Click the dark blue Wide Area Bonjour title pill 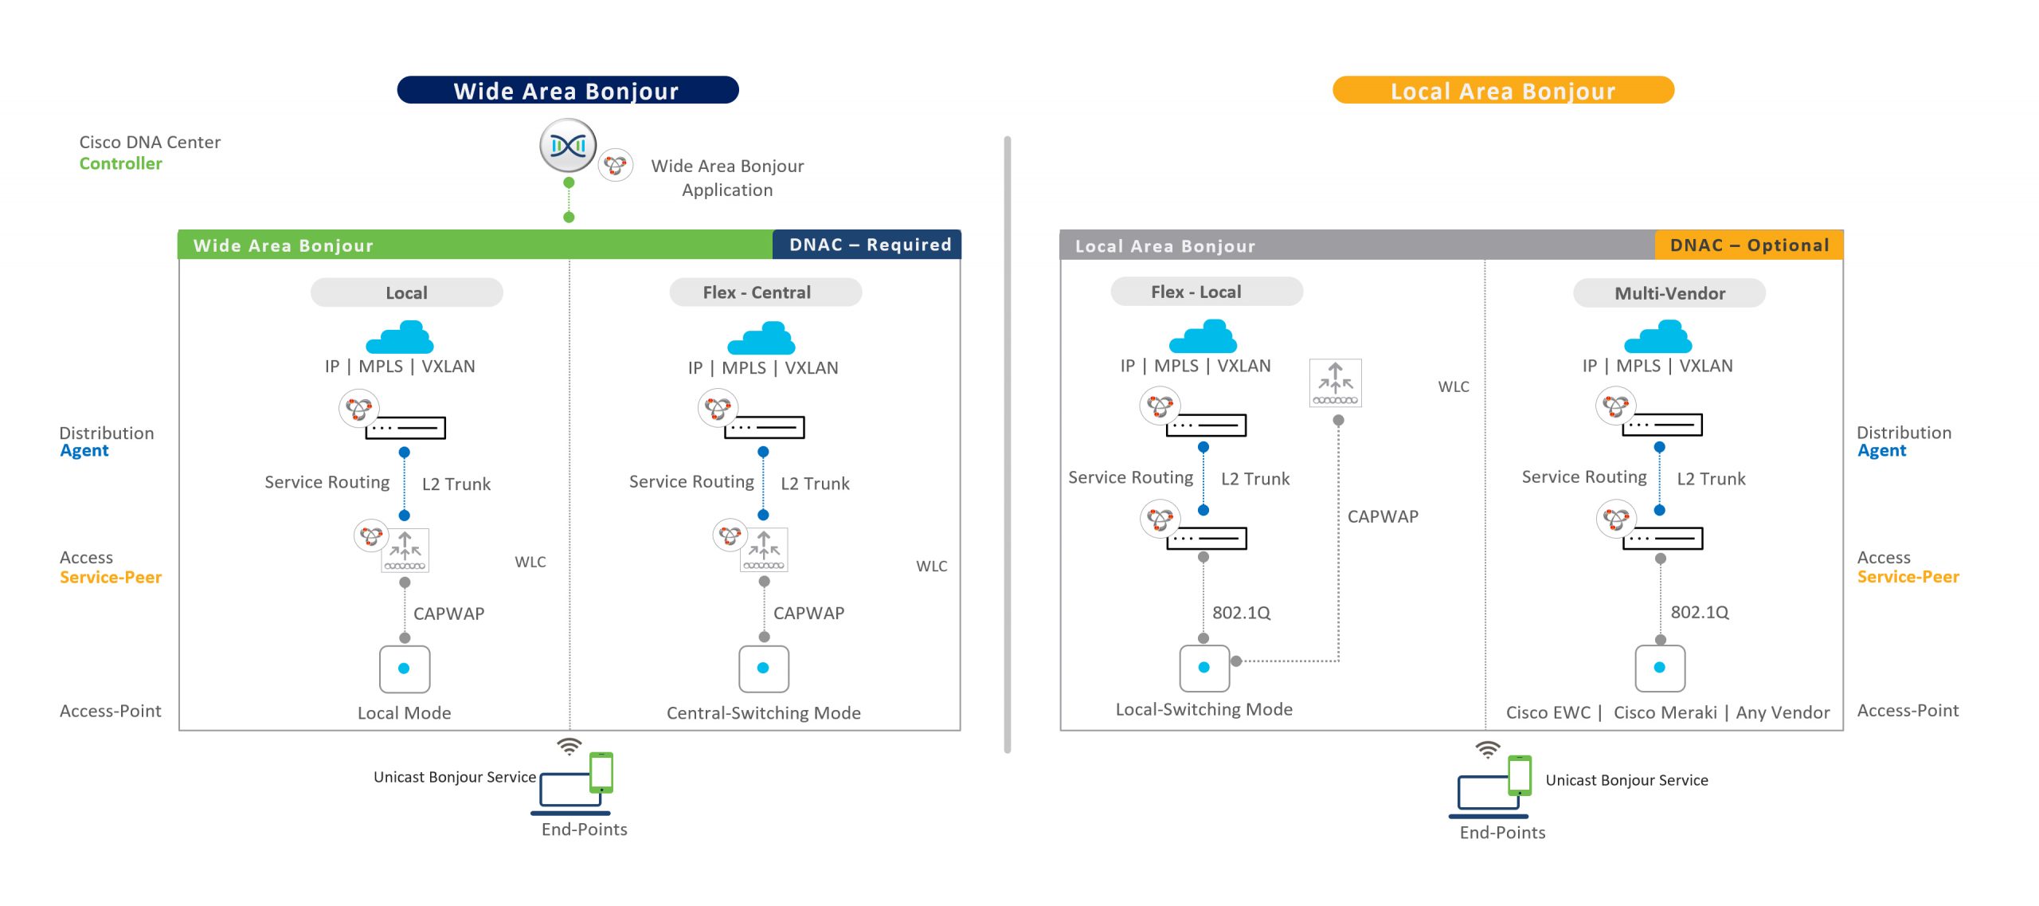(567, 90)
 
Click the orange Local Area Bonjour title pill (1502, 90)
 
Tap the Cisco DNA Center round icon (568, 146)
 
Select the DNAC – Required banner (868, 245)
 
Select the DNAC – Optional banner (1748, 245)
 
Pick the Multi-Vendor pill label (1669, 293)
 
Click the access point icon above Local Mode (405, 669)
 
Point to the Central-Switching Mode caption (763, 713)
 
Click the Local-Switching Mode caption (1203, 709)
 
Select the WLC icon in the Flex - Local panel (1335, 383)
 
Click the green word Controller (121, 163)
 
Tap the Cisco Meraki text (1665, 712)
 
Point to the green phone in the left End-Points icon (601, 772)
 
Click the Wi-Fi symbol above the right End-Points (1487, 749)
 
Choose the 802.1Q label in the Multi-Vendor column (1699, 612)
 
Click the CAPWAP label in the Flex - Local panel (1383, 516)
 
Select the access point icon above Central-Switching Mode (764, 669)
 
